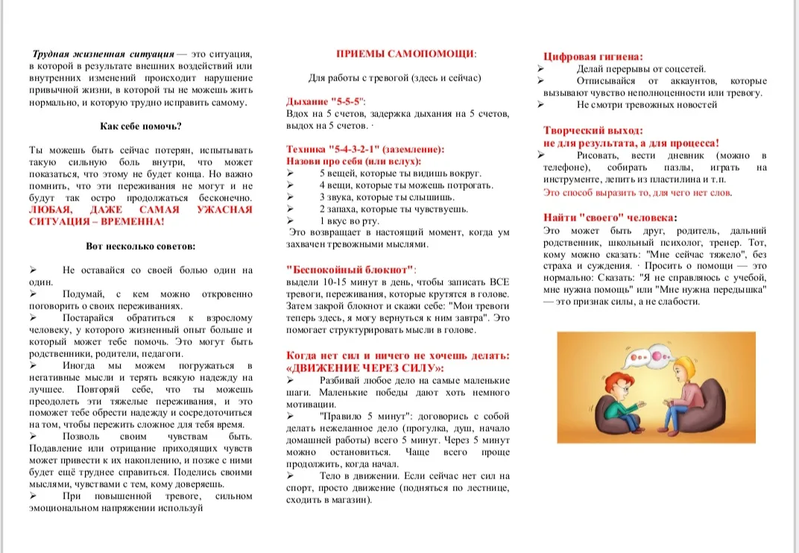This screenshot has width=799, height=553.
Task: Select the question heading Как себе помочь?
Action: (x=141, y=127)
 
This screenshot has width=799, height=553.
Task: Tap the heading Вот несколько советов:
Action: (x=141, y=246)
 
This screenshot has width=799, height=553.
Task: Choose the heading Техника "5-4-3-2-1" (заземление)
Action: (x=364, y=149)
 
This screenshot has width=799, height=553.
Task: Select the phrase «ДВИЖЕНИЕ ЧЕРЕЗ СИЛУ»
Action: (x=364, y=367)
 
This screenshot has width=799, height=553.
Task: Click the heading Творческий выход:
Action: (x=592, y=129)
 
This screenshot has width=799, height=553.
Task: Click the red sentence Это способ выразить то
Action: (x=638, y=192)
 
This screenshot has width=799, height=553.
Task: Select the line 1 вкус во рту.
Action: (x=350, y=221)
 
